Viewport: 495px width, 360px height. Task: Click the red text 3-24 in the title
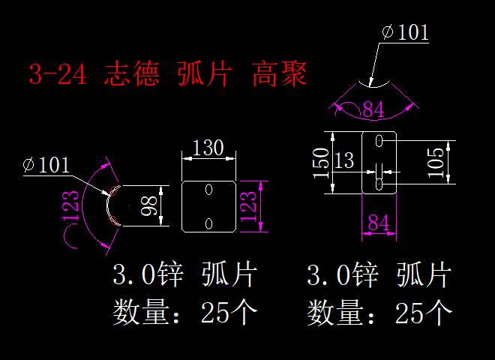click(58, 74)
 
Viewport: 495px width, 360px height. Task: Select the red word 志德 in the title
click(131, 74)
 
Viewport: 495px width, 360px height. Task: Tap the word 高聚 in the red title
click(280, 74)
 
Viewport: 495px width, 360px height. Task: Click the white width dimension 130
click(208, 148)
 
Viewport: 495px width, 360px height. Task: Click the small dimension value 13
click(344, 160)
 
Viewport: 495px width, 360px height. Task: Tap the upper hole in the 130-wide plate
click(209, 190)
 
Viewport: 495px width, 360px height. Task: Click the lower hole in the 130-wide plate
click(209, 223)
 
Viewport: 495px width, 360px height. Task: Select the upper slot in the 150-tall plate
click(379, 140)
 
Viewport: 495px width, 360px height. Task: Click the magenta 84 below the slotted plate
click(379, 223)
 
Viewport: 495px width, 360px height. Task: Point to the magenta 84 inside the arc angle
click(373, 109)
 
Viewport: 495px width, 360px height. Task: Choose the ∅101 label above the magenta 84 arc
click(405, 32)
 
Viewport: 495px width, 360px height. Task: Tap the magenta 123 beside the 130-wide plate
click(250, 205)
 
